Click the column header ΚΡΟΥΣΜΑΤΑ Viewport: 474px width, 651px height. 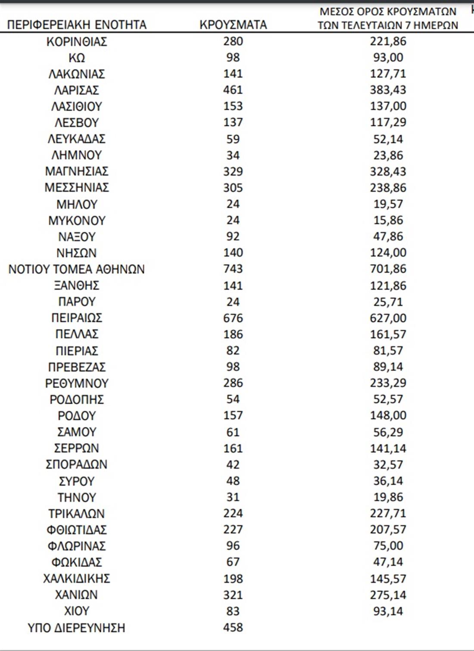point(233,25)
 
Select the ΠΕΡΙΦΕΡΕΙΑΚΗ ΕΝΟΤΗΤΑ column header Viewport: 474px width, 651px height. point(77,25)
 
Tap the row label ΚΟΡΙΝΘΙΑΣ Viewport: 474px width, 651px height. point(77,41)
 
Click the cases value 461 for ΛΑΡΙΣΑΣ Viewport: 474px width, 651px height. point(233,90)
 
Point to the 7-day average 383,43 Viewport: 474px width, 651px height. point(388,90)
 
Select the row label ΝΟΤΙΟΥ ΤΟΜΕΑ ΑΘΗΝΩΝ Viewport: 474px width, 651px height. point(77,269)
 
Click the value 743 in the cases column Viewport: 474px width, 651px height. point(233,269)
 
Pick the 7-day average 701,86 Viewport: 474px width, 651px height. point(388,269)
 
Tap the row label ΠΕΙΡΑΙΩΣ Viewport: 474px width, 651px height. point(77,318)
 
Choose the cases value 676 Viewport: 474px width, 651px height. point(233,318)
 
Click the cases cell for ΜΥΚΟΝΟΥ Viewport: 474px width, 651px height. point(233,220)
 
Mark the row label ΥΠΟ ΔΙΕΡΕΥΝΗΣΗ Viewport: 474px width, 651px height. point(77,628)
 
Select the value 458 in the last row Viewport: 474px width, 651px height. point(233,627)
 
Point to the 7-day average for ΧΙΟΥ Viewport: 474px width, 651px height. point(388,611)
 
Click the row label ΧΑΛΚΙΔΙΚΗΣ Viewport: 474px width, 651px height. point(77,578)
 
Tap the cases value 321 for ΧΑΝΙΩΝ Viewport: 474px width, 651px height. point(233,595)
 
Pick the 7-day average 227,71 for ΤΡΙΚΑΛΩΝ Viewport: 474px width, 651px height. point(388,513)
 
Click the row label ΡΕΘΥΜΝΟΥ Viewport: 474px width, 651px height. point(77,383)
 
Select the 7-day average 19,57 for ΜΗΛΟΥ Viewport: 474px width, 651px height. point(388,204)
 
